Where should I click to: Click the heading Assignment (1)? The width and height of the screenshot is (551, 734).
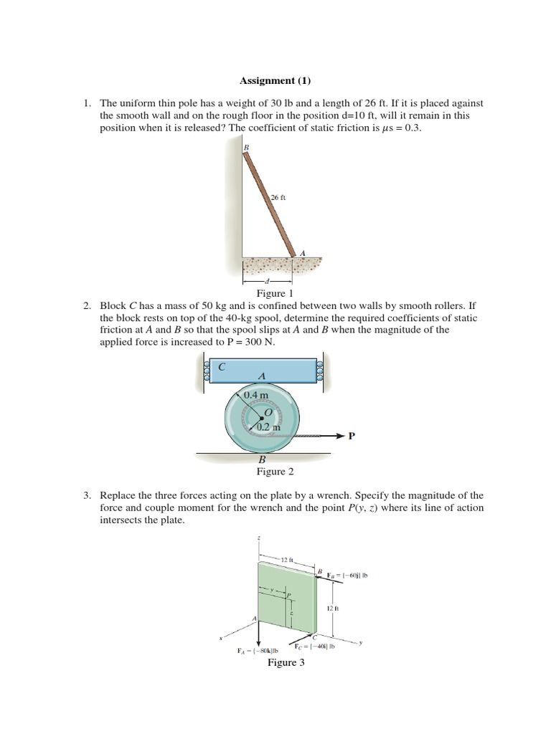[x=275, y=81]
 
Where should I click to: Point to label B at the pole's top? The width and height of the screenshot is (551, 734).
[x=245, y=148]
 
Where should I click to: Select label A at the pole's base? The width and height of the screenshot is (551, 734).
[x=301, y=253]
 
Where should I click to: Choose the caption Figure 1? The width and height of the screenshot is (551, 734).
[x=275, y=294]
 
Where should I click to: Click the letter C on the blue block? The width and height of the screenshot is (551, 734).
[x=222, y=366]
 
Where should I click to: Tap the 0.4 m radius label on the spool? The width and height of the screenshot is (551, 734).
[x=255, y=395]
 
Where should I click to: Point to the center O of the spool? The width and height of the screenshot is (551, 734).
[x=269, y=414]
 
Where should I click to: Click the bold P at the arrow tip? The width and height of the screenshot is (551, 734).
[x=352, y=436]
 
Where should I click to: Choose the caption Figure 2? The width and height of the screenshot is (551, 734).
[x=275, y=472]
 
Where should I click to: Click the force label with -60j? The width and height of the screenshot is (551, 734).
[x=347, y=575]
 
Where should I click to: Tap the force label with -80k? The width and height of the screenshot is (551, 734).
[x=258, y=651]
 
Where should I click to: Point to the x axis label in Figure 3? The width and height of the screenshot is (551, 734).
[x=222, y=637]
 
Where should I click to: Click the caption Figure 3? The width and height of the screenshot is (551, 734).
[x=286, y=662]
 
